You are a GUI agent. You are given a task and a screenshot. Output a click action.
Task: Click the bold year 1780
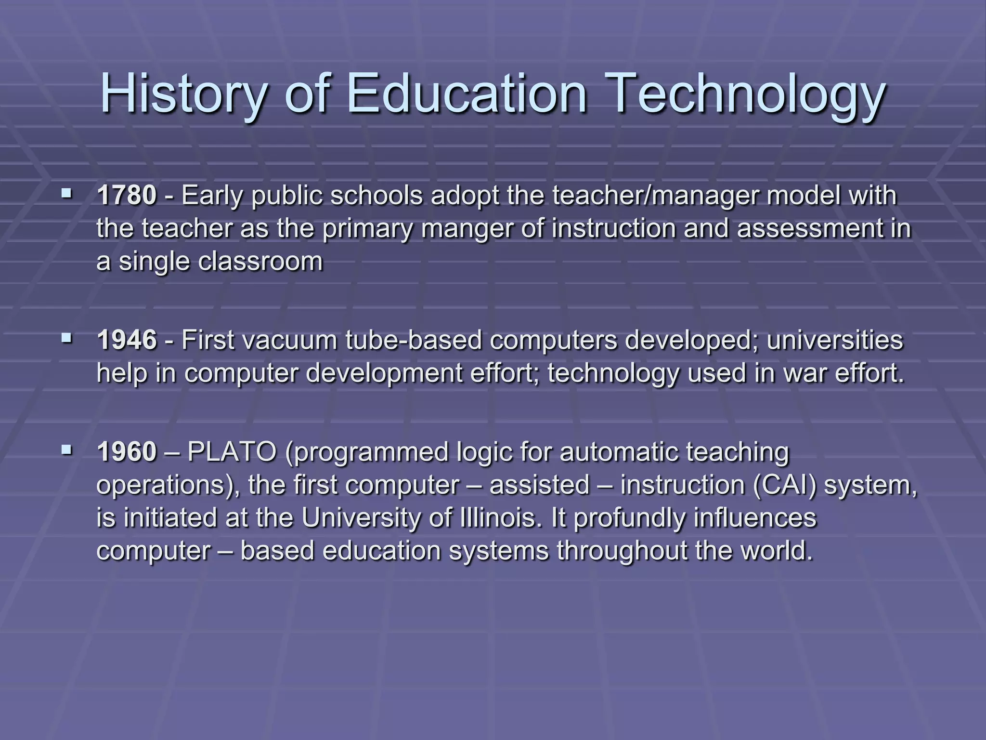point(127,196)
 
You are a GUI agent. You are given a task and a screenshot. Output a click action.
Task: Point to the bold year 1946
point(127,340)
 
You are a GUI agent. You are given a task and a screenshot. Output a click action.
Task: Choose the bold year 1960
point(127,452)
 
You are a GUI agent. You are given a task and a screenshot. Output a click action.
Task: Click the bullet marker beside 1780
point(66,195)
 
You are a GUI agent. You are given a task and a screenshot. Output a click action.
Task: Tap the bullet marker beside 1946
point(66,339)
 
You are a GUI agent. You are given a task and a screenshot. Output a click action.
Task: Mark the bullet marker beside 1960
point(66,451)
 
